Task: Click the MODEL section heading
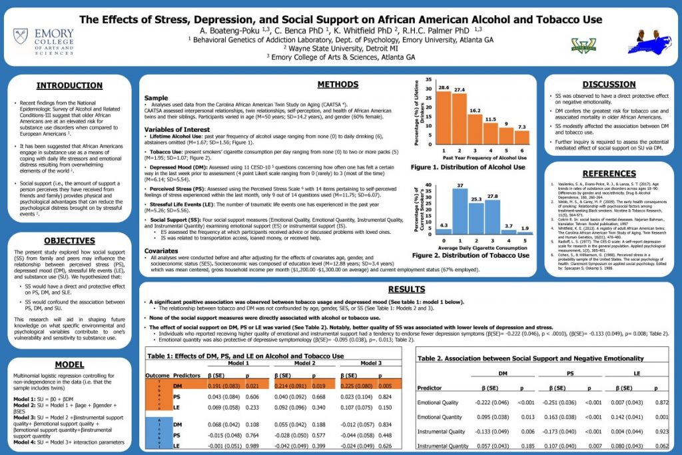click(69, 365)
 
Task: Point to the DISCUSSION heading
click(609, 85)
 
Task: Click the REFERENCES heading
click(609, 173)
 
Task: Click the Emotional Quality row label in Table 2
click(438, 402)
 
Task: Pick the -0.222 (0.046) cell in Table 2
click(492, 402)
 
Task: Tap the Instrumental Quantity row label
click(442, 446)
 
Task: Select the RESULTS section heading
click(406, 289)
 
